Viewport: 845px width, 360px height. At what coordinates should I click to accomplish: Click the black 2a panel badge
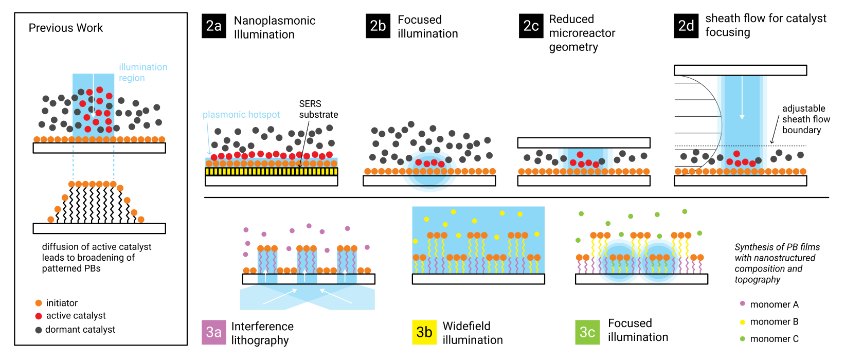[214, 26]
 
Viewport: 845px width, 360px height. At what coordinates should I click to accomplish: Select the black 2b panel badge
[378, 26]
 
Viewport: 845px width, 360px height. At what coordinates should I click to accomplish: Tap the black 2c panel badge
[531, 26]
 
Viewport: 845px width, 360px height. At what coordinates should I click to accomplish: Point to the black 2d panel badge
[686, 26]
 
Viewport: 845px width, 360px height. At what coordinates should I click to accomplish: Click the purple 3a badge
[214, 332]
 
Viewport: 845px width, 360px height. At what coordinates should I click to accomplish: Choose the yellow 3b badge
[424, 332]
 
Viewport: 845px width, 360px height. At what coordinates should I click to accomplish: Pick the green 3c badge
[587, 332]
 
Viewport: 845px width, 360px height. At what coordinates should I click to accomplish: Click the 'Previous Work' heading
[66, 28]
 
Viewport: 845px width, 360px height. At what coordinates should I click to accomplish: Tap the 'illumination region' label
[142, 73]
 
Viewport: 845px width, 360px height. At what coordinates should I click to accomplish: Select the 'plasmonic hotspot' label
[241, 115]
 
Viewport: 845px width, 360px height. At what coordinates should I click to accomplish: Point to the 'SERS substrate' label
[318, 109]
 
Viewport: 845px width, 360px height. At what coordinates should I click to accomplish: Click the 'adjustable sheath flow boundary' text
[805, 119]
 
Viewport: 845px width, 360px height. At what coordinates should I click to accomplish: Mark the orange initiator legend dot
[39, 303]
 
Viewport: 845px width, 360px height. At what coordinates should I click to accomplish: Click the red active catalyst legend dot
[39, 316]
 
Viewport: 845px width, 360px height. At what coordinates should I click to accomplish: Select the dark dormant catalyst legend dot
[39, 330]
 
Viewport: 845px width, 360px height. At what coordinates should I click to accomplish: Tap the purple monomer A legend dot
[742, 303]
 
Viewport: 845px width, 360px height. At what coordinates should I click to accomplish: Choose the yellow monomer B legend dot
[742, 322]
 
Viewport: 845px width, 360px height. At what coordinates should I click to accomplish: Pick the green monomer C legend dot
[742, 338]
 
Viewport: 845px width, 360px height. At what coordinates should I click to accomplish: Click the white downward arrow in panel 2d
[742, 98]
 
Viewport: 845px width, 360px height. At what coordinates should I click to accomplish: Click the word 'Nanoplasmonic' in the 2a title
[275, 21]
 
